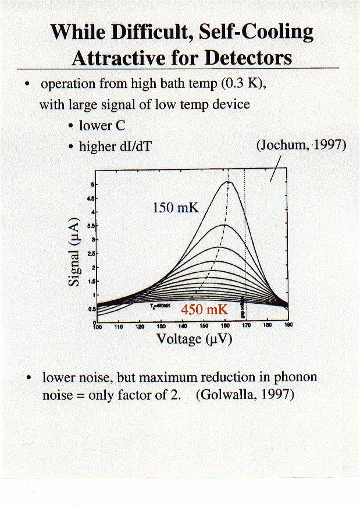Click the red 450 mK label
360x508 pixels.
200,310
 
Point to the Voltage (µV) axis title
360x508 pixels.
194,339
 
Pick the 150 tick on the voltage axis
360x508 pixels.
204,326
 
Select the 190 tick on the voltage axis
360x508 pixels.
287,326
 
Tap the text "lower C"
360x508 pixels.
102,126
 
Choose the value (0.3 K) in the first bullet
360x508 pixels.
243,83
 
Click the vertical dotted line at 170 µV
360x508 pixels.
245,244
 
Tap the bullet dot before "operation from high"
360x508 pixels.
28,84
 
